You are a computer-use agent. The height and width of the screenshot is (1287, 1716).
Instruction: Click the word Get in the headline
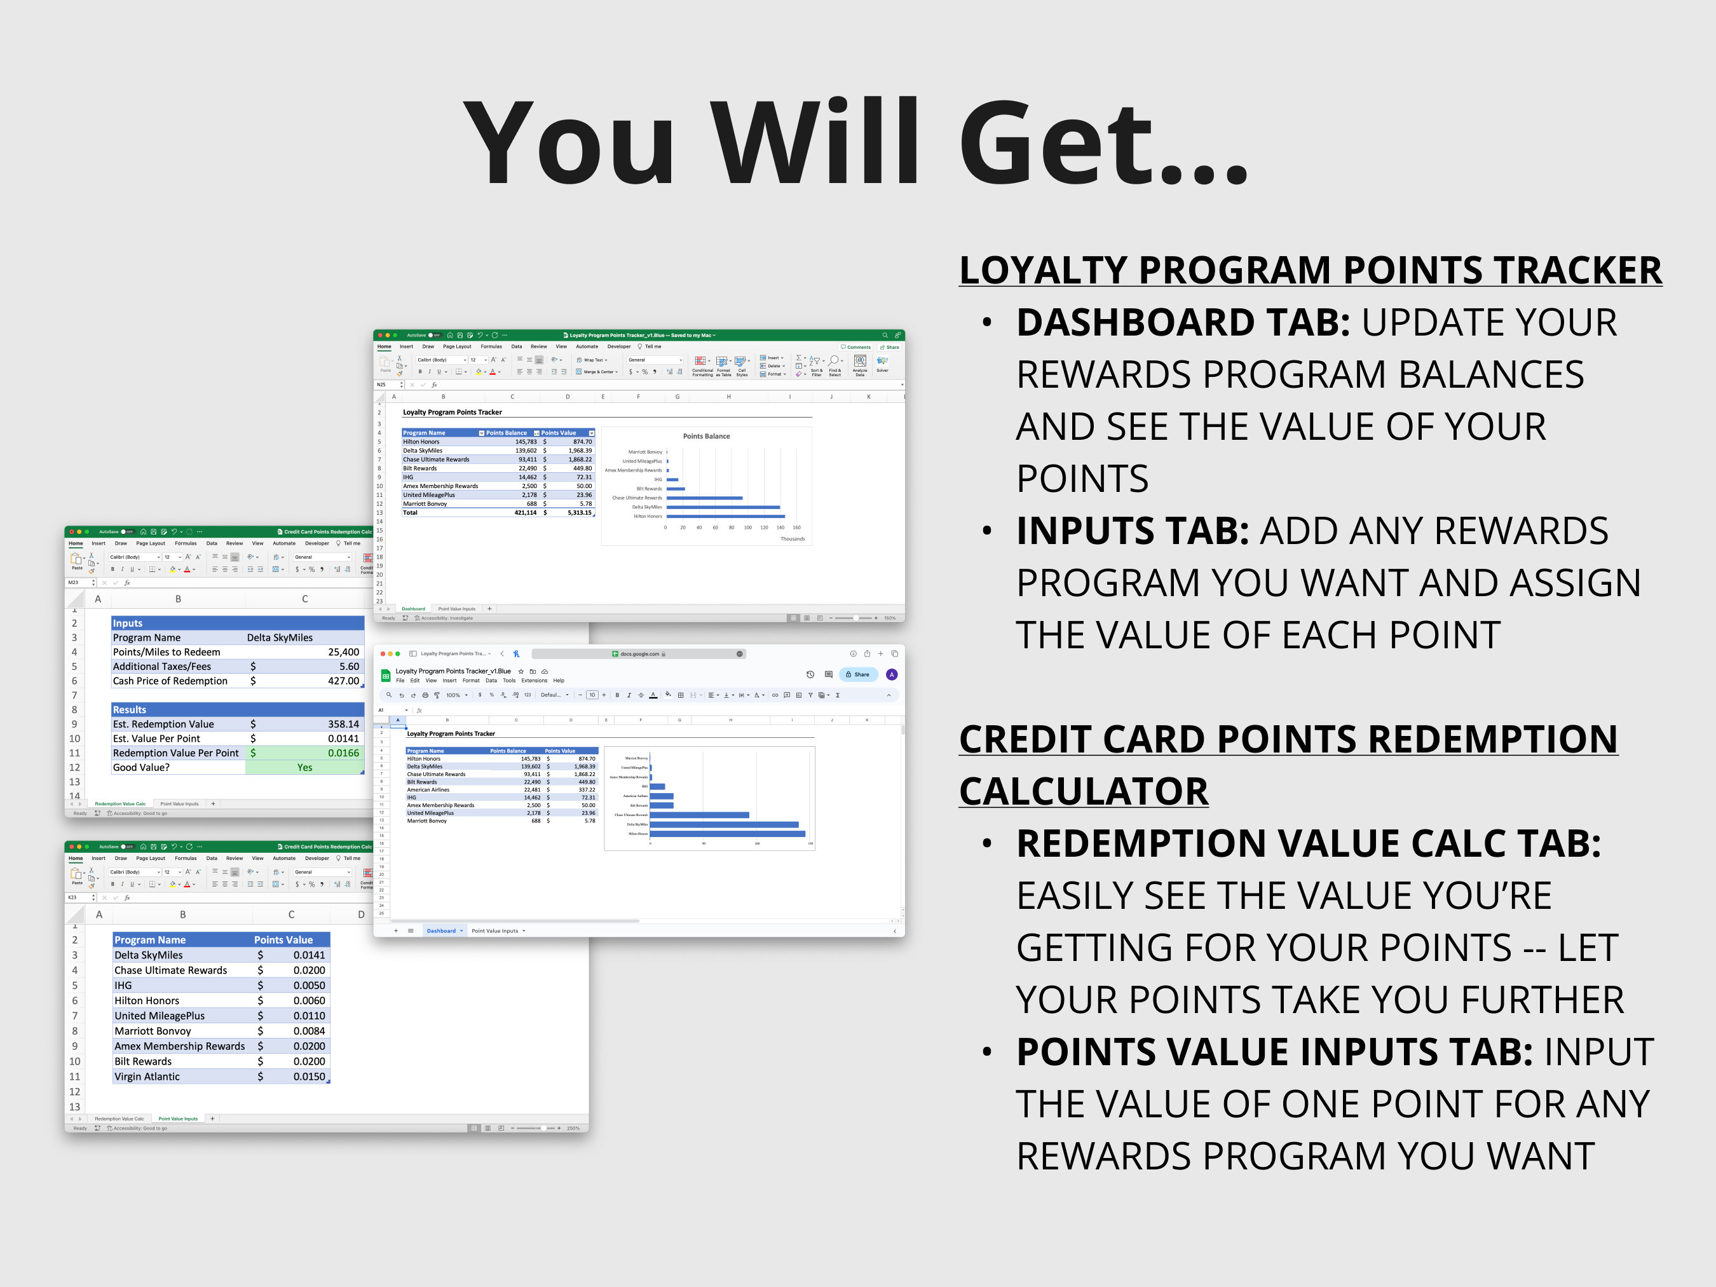[x=1101, y=144]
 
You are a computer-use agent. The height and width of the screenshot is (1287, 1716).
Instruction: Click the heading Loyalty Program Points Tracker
[x=1309, y=271]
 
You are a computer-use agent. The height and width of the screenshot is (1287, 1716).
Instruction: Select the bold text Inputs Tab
[x=1132, y=531]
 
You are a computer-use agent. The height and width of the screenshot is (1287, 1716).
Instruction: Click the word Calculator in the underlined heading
[x=1083, y=791]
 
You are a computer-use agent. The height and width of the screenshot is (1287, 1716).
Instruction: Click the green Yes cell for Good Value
[x=304, y=767]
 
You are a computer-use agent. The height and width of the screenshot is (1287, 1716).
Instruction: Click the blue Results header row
[x=236, y=709]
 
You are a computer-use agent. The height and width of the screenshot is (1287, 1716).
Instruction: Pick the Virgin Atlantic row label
[x=147, y=1076]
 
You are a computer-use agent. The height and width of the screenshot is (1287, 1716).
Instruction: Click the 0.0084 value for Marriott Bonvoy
[x=309, y=1031]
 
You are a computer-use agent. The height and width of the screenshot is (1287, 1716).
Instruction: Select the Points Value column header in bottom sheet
[x=283, y=939]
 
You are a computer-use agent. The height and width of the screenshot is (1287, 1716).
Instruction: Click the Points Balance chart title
[x=706, y=436]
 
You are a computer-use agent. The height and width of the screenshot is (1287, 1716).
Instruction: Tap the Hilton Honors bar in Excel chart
[x=725, y=516]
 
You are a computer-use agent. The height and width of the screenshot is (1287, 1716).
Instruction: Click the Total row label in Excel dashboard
[x=411, y=513]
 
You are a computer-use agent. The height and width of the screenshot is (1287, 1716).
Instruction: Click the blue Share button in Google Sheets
[x=858, y=674]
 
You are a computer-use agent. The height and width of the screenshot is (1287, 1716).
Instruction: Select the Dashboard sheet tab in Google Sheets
[x=442, y=930]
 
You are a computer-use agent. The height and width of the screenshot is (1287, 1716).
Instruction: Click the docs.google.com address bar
[x=639, y=654]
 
